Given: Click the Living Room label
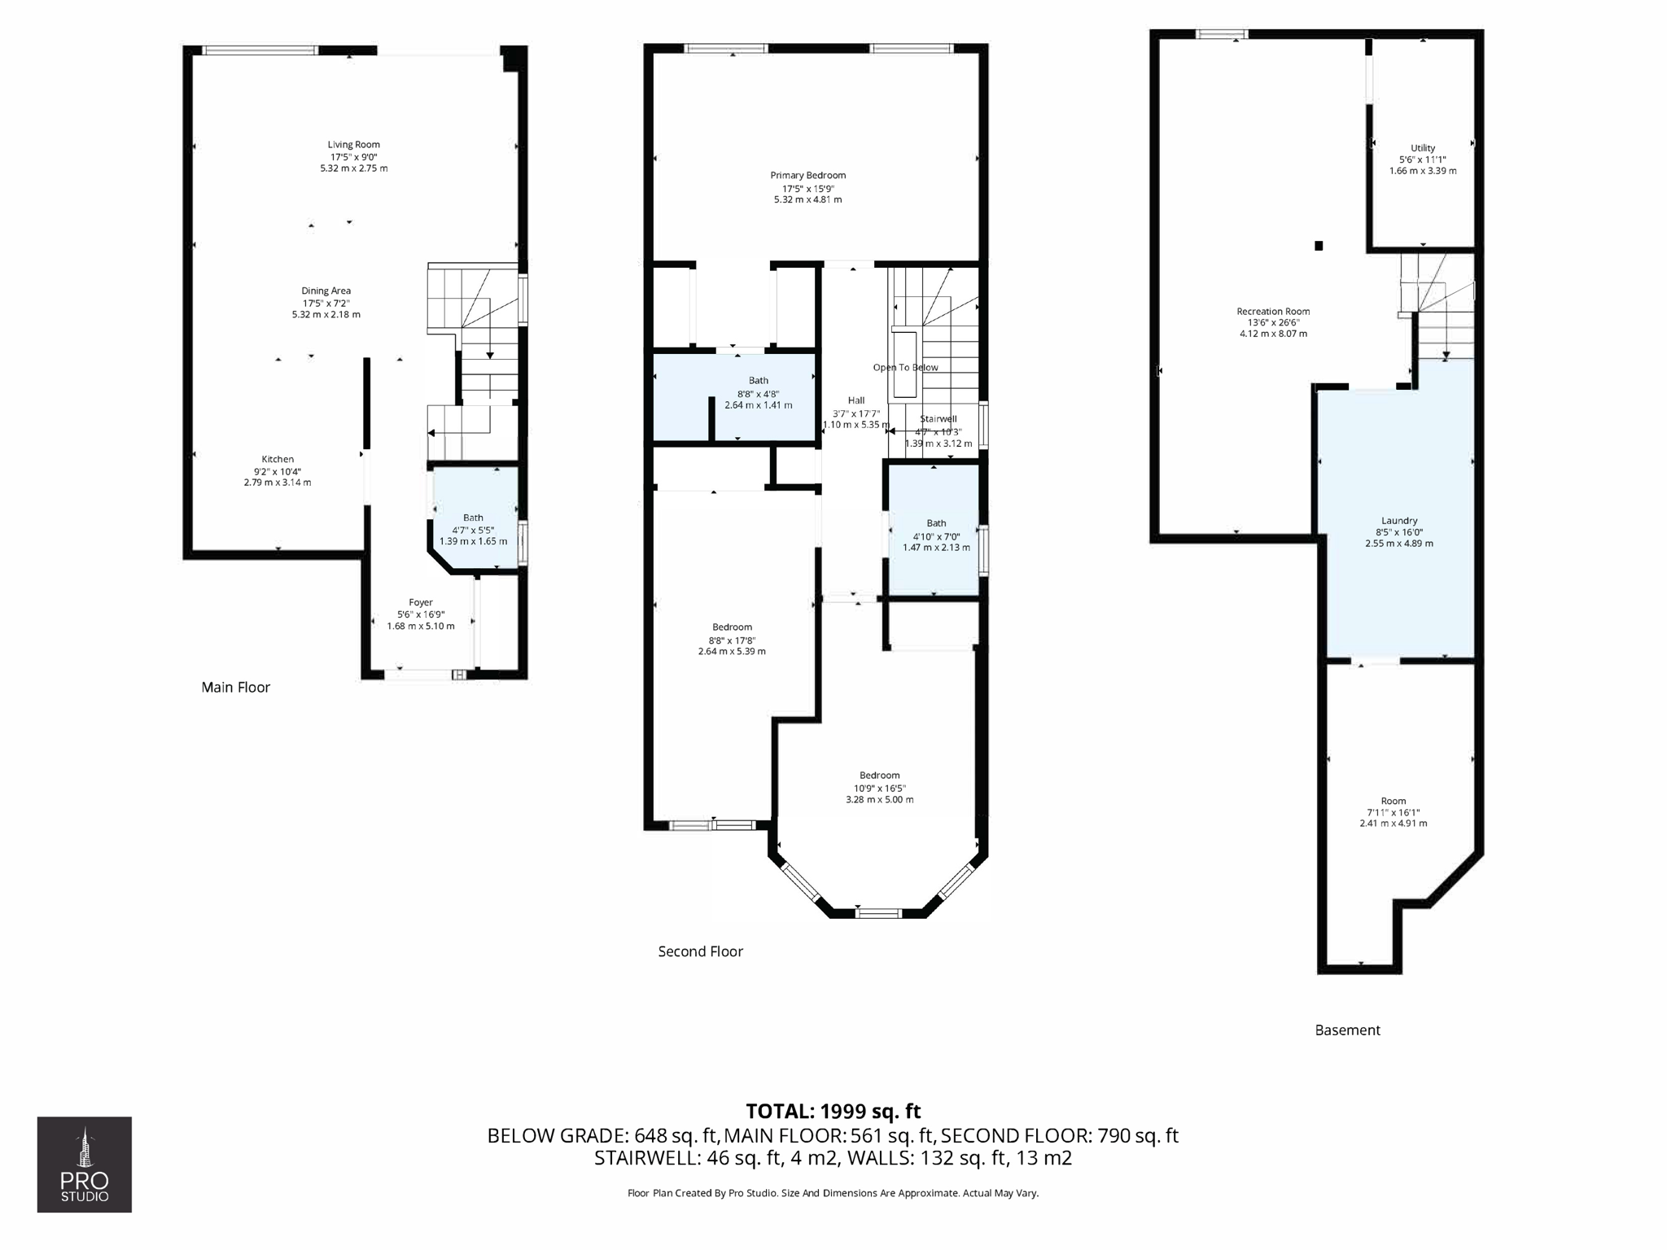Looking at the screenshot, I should [353, 145].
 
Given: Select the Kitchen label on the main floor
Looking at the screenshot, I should [278, 459].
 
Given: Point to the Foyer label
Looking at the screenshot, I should [421, 602].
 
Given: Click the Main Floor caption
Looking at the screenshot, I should [235, 687].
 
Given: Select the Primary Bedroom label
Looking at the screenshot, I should [807, 175].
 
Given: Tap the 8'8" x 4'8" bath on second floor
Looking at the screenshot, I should [758, 392].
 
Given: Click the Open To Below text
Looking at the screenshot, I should [905, 367].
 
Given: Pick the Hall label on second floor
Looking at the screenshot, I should [855, 400].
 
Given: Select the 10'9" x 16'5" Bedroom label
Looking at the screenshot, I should [879, 776].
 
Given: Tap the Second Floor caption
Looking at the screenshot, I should [700, 951].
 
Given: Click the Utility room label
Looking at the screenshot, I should [1423, 148].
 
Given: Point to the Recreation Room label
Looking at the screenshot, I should [1273, 311].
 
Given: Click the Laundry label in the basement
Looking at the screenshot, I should [1398, 520].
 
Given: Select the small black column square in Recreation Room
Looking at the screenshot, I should [1319, 246].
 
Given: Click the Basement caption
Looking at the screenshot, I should [1347, 1029].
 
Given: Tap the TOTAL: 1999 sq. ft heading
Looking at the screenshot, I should [833, 1111].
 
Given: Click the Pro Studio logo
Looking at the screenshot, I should [85, 1164].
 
